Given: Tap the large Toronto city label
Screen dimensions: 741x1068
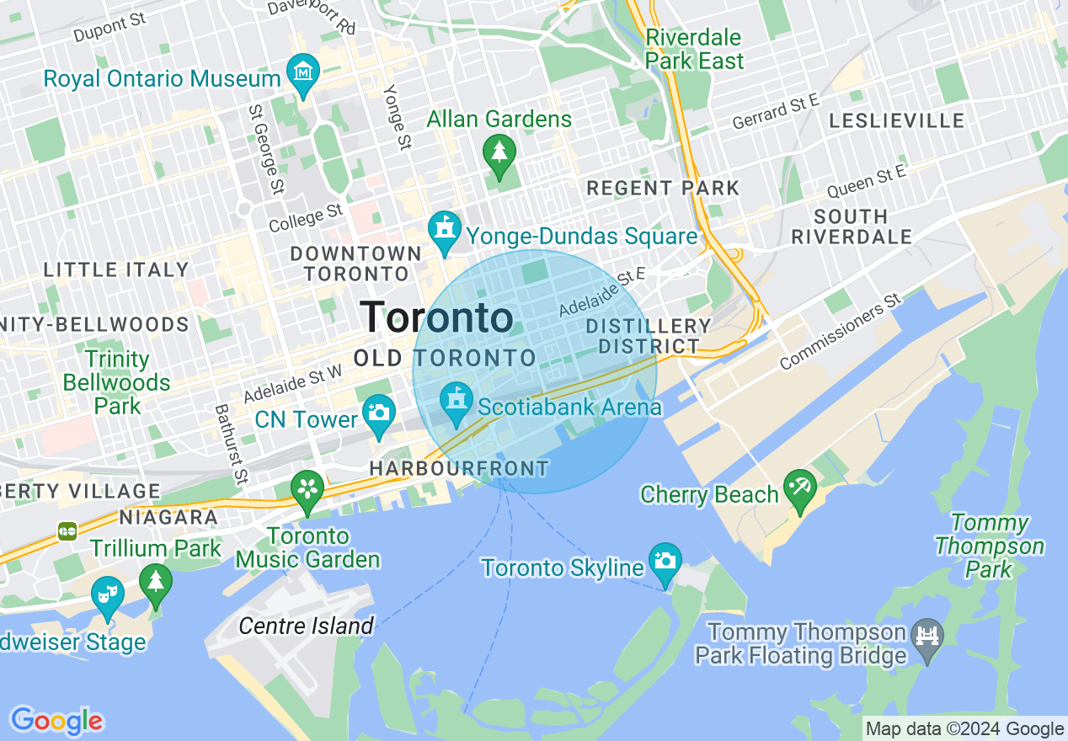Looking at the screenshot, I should coord(436,317).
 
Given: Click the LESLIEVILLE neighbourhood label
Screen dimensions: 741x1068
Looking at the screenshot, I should coord(896,121).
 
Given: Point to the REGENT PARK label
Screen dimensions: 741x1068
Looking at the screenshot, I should coord(663,188).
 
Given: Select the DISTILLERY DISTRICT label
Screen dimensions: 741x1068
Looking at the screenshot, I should coord(649,336).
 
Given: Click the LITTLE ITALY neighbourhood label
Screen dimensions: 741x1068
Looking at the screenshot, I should coord(116,270).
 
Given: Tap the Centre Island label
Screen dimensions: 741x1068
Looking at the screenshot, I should coord(306,626).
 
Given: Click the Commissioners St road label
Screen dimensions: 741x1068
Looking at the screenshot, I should coord(840,332).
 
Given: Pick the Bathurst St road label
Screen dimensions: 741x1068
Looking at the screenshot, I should coord(228,445).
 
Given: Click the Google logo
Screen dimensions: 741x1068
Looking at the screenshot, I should coord(56,721).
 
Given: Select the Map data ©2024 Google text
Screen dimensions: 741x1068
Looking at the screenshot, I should coord(965,729).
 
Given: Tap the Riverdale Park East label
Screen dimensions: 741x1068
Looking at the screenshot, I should coord(694,49).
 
